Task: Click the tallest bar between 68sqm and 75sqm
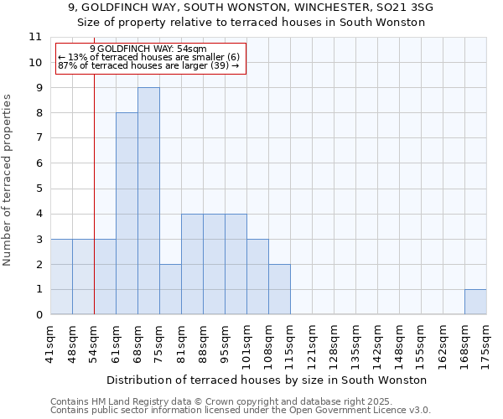tap(148, 201)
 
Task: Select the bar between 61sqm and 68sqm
tap(127, 214)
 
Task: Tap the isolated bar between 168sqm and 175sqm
tap(475, 302)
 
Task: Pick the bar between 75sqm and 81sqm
tap(170, 289)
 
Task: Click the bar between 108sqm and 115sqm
tap(279, 289)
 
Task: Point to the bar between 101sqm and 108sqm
tap(257, 277)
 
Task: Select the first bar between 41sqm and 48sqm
tap(61, 277)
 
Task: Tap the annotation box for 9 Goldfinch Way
tap(151, 59)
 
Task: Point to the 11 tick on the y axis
tap(35, 37)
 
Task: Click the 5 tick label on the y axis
tap(38, 189)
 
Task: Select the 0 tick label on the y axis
tap(38, 315)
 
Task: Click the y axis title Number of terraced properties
tap(8, 180)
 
